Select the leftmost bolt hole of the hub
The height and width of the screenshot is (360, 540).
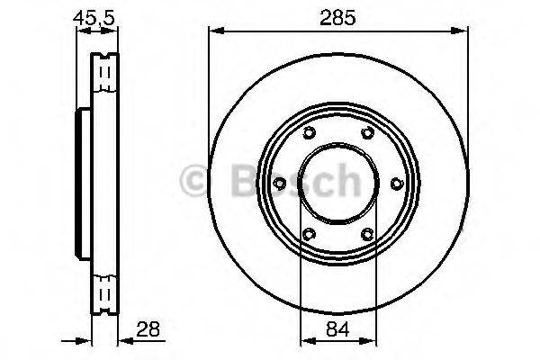coord(279,184)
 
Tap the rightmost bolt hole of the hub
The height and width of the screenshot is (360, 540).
coord(396,184)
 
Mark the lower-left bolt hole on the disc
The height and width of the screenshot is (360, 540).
coord(308,236)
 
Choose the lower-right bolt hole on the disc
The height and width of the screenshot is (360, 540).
coord(367,236)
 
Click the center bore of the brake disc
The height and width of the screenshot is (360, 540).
coord(337,184)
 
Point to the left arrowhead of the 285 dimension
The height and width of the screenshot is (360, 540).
coord(214,31)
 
